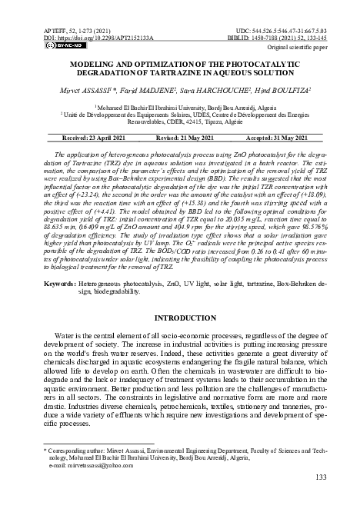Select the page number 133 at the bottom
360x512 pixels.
click(322, 478)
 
